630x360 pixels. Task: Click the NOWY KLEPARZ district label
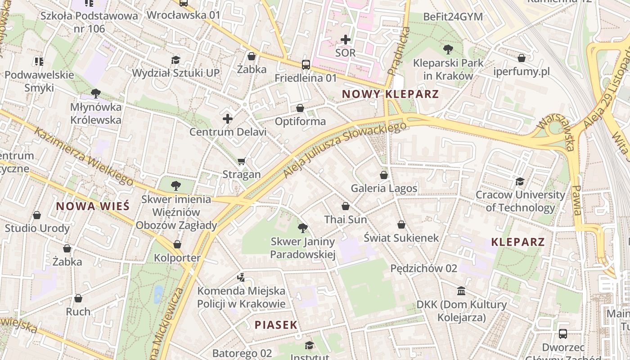coord(390,94)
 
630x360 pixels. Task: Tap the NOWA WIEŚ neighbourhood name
coord(93,206)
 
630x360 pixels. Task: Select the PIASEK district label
coord(276,324)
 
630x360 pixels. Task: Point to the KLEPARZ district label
coord(518,242)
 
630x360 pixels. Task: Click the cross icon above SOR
coord(346,40)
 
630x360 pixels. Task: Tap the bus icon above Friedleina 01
coord(306,65)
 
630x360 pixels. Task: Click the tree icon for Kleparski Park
coord(448,49)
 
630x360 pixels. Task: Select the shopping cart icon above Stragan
coord(242,161)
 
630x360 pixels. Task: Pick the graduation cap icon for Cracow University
coord(520,182)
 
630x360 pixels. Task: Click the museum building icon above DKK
coord(461,291)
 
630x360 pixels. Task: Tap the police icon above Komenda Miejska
coord(241,277)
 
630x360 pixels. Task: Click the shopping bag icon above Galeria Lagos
coord(384,175)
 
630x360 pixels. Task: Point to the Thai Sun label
coord(346,220)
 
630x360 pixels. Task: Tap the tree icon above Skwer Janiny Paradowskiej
coord(303,228)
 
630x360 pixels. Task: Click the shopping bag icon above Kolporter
coord(177,244)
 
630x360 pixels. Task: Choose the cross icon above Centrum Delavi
coord(228,119)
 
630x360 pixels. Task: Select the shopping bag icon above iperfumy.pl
coord(522,58)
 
